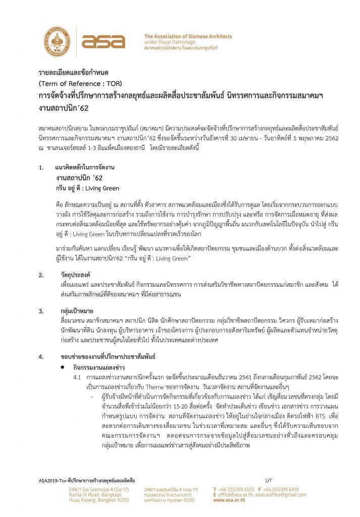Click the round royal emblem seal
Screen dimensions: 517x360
(58, 42)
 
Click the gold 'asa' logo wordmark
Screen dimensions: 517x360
(103, 42)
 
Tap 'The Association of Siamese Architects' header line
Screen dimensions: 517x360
(188, 36)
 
